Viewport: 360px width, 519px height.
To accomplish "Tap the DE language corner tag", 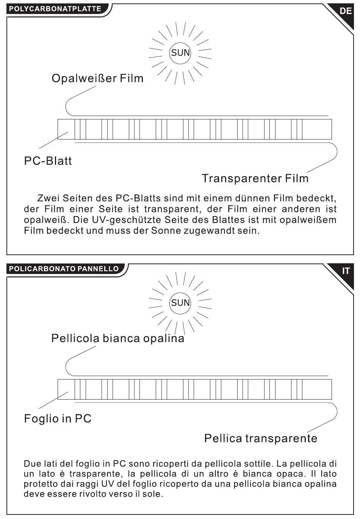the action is (x=345, y=11).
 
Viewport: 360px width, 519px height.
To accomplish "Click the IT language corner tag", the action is (x=345, y=271).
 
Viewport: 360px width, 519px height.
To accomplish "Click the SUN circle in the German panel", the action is (x=180, y=53).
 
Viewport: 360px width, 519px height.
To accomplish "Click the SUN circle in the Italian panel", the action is (x=180, y=303).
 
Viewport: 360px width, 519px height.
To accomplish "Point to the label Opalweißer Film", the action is (x=97, y=78).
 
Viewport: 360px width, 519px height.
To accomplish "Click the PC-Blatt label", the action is (x=48, y=161).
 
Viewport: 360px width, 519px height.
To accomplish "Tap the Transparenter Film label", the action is (x=255, y=179).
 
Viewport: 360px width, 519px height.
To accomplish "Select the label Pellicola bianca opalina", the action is (x=118, y=339).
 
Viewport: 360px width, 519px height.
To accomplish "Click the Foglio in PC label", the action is (x=58, y=419).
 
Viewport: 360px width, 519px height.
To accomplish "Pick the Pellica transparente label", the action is (x=261, y=438).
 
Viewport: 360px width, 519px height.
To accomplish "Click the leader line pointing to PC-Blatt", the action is (x=53, y=140).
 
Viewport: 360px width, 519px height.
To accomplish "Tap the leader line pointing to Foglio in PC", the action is (x=53, y=400).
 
